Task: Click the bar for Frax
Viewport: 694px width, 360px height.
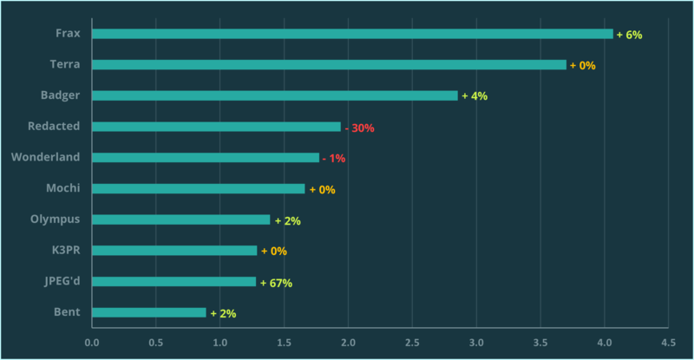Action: pyautogui.click(x=352, y=34)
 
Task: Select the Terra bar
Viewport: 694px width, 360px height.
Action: pyautogui.click(x=329, y=65)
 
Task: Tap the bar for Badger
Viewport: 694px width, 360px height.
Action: pyautogui.click(x=274, y=95)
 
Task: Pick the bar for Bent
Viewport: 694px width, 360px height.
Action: pyautogui.click(x=148, y=312)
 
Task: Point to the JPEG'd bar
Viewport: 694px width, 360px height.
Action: pyautogui.click(x=173, y=282)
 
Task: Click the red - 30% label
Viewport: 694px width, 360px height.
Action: pyautogui.click(x=359, y=128)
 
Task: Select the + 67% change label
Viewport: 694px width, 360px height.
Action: pyautogui.click(x=276, y=283)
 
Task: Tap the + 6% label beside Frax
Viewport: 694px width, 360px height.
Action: pyautogui.click(x=629, y=35)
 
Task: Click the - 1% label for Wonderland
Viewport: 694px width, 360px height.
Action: pyautogui.click(x=334, y=159)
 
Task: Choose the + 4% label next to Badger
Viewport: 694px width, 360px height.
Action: pyautogui.click(x=475, y=96)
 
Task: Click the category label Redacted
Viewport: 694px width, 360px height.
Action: pyautogui.click(x=54, y=126)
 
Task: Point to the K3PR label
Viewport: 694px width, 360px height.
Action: pyautogui.click(x=65, y=251)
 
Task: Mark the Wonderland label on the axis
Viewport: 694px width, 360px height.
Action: pyautogui.click(x=46, y=157)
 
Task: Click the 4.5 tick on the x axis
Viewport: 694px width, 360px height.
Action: pyautogui.click(x=667, y=342)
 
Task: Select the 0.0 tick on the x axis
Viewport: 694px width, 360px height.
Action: pyautogui.click(x=92, y=342)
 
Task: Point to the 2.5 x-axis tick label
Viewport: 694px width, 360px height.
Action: pyautogui.click(x=411, y=342)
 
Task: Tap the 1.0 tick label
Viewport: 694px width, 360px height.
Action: pyautogui.click(x=219, y=342)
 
